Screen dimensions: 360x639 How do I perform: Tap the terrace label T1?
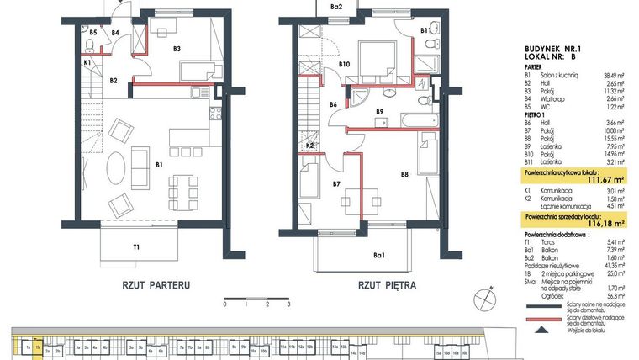(x=135, y=246)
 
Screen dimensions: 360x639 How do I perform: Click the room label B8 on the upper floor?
(x=404, y=175)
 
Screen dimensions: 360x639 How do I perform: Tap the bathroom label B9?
(x=380, y=112)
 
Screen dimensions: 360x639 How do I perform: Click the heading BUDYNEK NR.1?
(x=552, y=50)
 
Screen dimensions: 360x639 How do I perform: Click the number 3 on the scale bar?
(x=288, y=304)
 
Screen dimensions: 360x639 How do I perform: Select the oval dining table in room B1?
(x=119, y=167)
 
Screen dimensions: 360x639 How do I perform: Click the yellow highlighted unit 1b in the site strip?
(x=39, y=346)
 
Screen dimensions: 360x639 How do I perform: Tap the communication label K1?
(x=87, y=62)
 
